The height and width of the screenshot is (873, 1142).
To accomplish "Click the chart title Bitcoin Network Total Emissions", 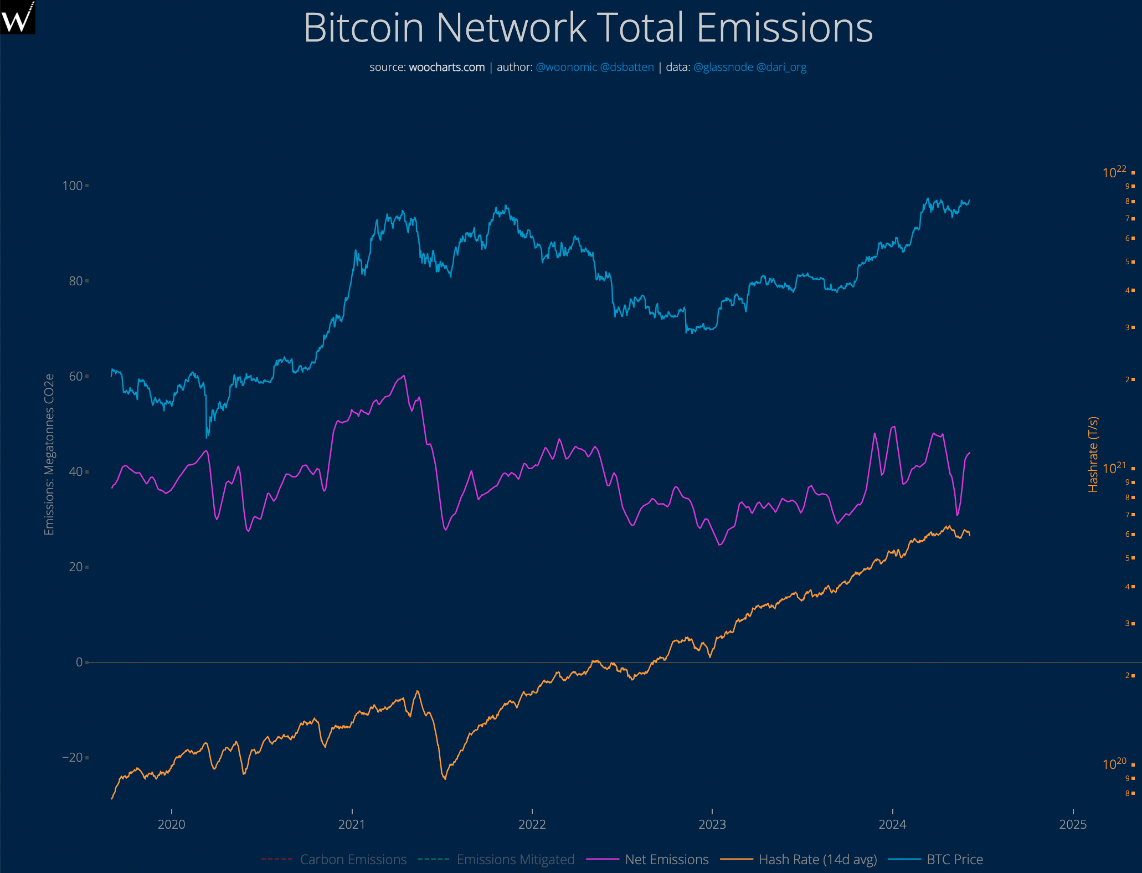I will tap(588, 28).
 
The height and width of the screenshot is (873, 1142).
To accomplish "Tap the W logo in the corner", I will tap(17, 17).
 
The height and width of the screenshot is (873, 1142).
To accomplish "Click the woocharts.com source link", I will tap(446, 67).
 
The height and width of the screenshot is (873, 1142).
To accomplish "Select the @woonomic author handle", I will tap(566, 67).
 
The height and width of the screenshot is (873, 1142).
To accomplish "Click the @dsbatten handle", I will tap(627, 67).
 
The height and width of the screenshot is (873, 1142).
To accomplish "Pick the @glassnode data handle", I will tap(723, 67).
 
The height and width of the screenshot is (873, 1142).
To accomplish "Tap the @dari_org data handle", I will tap(781, 67).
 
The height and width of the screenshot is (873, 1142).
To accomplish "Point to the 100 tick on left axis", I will tap(73, 186).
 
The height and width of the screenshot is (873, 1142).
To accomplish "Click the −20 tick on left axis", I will tap(73, 757).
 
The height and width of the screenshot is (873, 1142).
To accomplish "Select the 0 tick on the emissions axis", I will tap(79, 662).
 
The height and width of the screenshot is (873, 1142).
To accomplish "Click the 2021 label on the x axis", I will tap(352, 824).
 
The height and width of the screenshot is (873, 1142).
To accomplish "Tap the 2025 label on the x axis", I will tap(1073, 824).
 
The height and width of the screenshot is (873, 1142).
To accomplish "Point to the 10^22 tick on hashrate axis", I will tap(1114, 172).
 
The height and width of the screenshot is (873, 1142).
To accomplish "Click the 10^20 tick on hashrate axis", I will tap(1114, 764).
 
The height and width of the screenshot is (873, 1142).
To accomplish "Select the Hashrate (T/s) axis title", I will tap(1093, 454).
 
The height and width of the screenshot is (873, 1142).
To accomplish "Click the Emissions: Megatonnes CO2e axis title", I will tap(49, 454).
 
